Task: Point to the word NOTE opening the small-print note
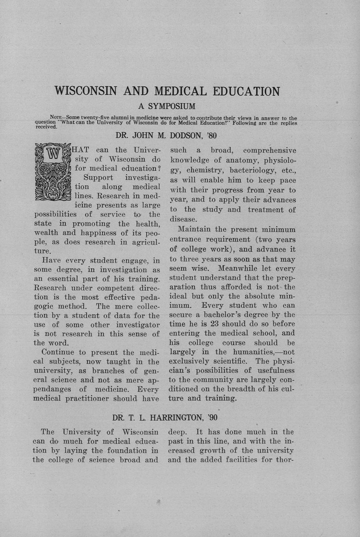pyautogui.click(x=58, y=118)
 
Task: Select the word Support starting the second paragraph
pyautogui.click(x=98, y=178)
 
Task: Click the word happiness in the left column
pyautogui.click(x=98, y=233)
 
